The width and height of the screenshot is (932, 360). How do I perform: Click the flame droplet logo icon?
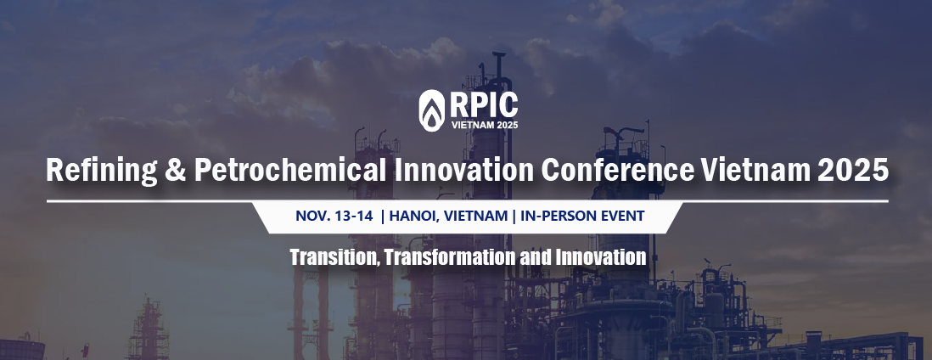431,110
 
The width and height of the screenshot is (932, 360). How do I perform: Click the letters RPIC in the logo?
484,104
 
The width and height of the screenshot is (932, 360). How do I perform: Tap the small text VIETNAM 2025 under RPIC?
485,125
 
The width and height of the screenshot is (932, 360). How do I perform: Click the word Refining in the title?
102,170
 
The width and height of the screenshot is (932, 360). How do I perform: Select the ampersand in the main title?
176,170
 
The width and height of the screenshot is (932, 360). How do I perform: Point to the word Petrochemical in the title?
290,170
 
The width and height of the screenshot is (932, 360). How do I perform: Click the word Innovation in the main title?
463,170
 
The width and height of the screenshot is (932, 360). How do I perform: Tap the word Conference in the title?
618,170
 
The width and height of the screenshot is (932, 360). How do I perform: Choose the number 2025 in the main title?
853,170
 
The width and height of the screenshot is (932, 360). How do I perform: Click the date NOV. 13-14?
334,216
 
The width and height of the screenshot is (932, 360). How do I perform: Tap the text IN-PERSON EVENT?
582,216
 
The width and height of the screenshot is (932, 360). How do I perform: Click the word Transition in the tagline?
335,257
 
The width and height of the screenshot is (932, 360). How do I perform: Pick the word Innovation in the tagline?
601,257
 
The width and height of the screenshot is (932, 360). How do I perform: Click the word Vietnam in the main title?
755,170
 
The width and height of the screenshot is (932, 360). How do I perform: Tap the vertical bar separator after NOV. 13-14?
383,216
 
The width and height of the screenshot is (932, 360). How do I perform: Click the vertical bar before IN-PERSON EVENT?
514,216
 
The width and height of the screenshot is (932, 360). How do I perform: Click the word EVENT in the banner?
622,216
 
